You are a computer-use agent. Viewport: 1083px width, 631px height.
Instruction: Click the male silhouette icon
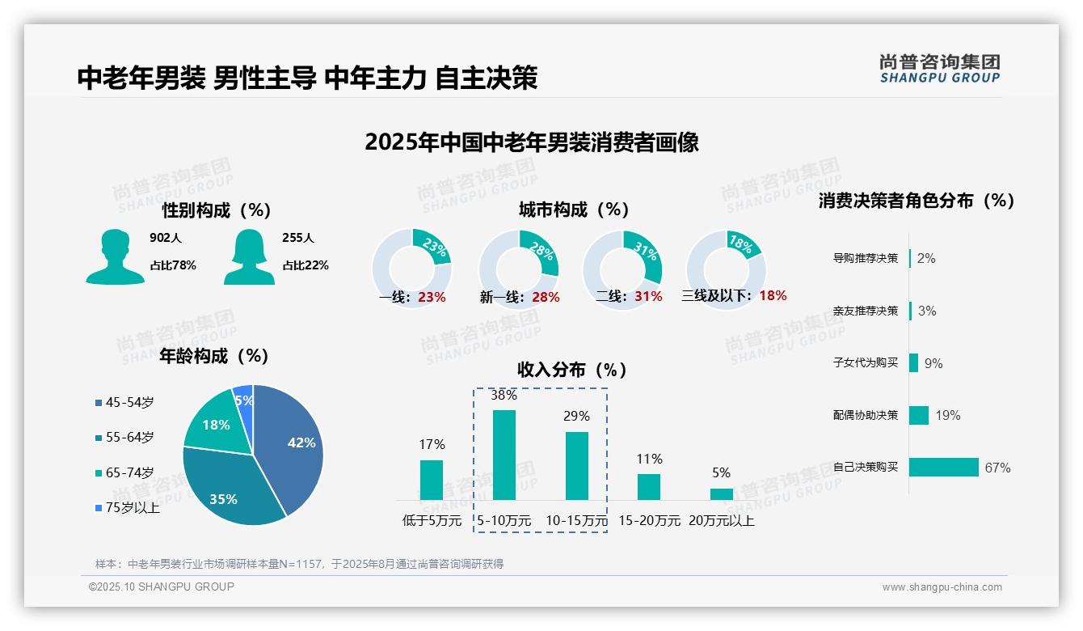click(115, 256)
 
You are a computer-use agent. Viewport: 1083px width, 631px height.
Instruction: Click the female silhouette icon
click(249, 256)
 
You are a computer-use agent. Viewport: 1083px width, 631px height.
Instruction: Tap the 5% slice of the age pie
click(243, 396)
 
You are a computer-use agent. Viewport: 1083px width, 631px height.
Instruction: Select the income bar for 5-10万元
click(504, 455)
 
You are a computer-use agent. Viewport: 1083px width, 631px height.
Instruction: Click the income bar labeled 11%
click(649, 486)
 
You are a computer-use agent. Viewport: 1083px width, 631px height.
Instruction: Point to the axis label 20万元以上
click(722, 521)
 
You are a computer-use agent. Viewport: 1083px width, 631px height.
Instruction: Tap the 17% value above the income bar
click(432, 444)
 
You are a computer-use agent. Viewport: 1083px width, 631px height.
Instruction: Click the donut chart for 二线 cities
click(622, 264)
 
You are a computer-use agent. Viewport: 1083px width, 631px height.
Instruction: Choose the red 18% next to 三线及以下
click(773, 295)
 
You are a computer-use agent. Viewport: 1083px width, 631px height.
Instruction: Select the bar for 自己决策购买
click(943, 467)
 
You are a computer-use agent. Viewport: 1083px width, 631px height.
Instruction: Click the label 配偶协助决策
click(866, 415)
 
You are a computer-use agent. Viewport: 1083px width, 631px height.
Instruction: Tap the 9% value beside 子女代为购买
click(933, 363)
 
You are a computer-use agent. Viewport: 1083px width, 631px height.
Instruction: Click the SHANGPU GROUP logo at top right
click(940, 68)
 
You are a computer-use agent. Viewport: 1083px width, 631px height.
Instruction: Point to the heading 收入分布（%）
click(572, 370)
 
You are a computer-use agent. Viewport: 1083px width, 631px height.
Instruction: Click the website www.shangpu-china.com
click(942, 587)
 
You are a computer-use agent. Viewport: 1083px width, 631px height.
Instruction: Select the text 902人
click(166, 238)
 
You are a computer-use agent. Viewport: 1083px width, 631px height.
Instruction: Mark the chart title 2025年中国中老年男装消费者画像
click(531, 142)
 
